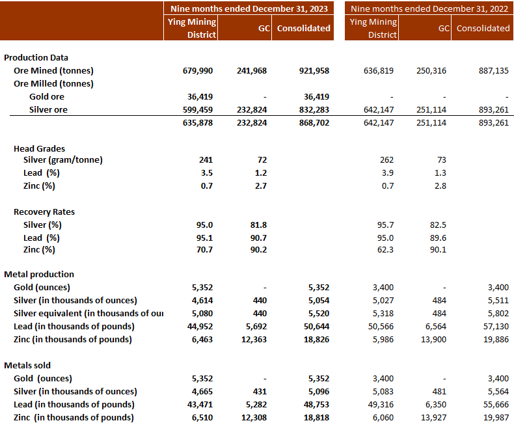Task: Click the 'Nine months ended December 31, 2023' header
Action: pos(248,8)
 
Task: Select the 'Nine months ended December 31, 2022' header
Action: pos(429,8)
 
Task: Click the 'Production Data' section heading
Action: pos(36,57)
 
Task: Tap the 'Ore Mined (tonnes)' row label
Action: pos(53,70)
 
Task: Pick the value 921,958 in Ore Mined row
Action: pos(314,70)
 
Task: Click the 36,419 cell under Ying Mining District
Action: pos(199,96)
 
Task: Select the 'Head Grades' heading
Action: pos(39,148)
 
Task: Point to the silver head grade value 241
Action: pos(205,159)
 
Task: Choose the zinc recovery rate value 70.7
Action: pos(203,249)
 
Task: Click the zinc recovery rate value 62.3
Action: pos(385,249)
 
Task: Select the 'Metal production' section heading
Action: pos(39,274)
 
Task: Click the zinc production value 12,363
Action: pos(252,339)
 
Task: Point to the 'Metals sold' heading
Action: pos(28,365)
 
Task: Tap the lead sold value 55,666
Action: pos(495,404)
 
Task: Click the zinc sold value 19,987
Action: pos(495,417)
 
